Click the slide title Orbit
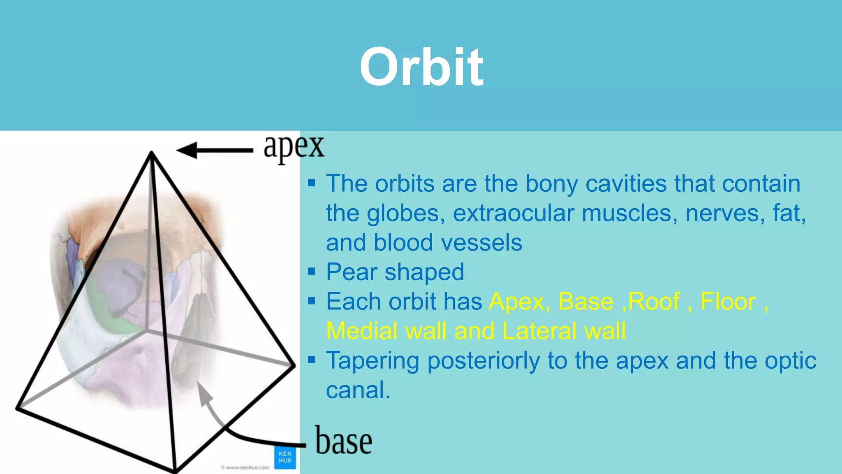(x=421, y=67)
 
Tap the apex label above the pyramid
(x=294, y=147)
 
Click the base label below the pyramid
(x=344, y=441)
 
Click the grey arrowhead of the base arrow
(x=204, y=393)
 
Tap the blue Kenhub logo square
(x=285, y=457)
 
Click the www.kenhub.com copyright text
(x=245, y=467)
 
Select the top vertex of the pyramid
(x=151, y=153)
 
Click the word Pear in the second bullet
(x=352, y=272)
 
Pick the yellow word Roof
(x=653, y=302)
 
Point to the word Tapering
(x=373, y=361)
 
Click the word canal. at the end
(x=358, y=390)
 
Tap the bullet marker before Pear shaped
(x=312, y=272)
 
